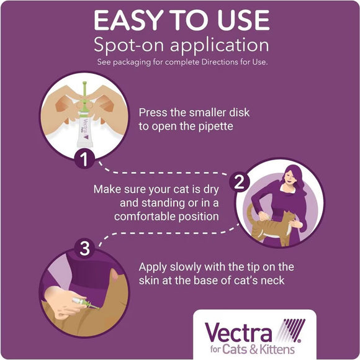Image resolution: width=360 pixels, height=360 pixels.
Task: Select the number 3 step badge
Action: (83, 250)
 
